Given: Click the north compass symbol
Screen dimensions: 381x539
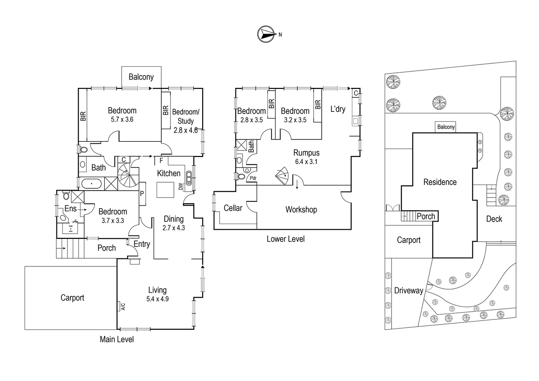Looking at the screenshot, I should click(x=266, y=34).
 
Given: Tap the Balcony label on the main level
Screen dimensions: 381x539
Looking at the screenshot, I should click(x=141, y=77).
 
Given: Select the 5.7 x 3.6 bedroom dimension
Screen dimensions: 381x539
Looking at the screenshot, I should click(x=122, y=120).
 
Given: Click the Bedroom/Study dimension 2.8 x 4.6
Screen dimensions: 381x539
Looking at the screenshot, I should click(x=186, y=130).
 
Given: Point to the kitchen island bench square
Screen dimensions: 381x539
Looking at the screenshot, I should click(x=165, y=190).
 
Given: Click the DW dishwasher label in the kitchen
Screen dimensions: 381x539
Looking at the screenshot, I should click(x=181, y=186).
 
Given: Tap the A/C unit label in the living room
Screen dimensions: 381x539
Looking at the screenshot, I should click(x=123, y=307).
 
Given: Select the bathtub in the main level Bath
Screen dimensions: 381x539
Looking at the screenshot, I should click(x=91, y=184).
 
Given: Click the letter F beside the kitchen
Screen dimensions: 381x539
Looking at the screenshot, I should click(x=161, y=161).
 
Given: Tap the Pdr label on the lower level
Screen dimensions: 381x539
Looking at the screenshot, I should click(x=253, y=178).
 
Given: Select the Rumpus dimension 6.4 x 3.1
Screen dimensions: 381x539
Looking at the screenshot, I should click(x=306, y=162).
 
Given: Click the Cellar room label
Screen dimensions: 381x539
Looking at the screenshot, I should click(x=233, y=208).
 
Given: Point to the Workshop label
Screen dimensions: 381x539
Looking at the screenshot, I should click(x=301, y=210).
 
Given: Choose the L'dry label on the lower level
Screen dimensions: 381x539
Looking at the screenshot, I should click(x=338, y=109).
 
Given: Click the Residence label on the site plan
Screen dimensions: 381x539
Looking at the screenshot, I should click(x=440, y=182).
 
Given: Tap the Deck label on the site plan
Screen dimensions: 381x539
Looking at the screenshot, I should click(x=494, y=219).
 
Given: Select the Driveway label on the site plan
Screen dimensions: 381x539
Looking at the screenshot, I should click(x=408, y=290).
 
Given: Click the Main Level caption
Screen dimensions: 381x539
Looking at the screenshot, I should click(x=117, y=339).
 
